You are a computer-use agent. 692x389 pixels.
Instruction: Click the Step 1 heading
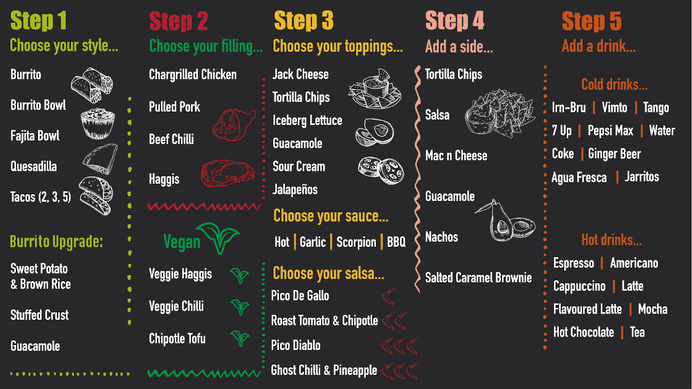[x=38, y=20]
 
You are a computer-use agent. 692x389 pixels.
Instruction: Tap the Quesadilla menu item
[x=34, y=166]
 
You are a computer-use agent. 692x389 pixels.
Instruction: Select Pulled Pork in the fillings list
[x=174, y=107]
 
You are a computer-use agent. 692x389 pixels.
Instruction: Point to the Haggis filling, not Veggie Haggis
[x=164, y=179]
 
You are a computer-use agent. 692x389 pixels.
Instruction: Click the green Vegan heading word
[x=182, y=242]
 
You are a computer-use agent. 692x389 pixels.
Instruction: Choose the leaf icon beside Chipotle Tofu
[x=240, y=339]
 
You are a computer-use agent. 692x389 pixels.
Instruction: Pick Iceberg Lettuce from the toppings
[x=307, y=120]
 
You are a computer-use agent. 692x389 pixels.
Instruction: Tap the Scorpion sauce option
[x=356, y=242]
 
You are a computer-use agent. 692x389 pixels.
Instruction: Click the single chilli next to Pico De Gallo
[x=388, y=296]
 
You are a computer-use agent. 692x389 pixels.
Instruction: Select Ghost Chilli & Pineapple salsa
[x=324, y=370]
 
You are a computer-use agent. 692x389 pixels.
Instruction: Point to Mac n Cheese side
[x=456, y=156]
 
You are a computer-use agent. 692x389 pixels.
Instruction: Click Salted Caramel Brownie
[x=478, y=277]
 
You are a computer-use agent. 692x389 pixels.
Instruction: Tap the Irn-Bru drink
[x=569, y=107]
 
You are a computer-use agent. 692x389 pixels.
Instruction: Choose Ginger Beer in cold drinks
[x=614, y=154]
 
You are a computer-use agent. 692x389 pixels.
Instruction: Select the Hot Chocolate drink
[x=583, y=332]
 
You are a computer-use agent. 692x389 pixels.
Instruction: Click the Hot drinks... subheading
[x=611, y=240]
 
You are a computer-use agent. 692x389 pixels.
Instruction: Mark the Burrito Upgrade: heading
[x=56, y=242]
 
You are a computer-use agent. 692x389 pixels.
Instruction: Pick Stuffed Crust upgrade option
[x=39, y=315]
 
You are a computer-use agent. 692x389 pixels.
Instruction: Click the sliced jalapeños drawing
[x=381, y=170]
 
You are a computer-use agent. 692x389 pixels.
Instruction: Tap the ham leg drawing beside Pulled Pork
[x=234, y=125]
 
